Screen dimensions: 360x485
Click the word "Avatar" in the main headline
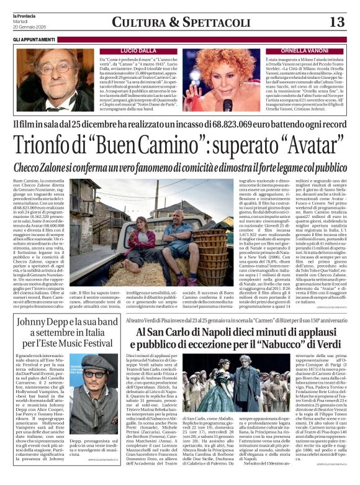[x=314, y=148]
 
